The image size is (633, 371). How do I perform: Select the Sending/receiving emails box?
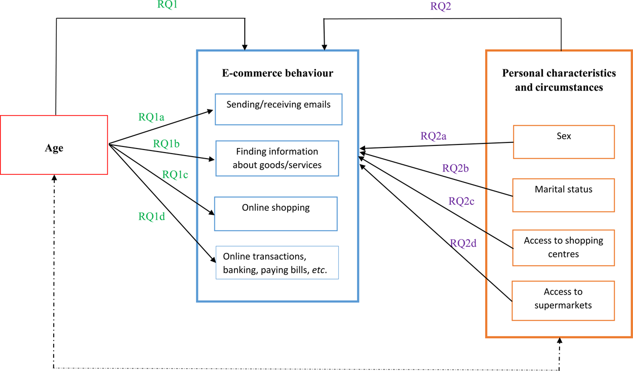click(279, 109)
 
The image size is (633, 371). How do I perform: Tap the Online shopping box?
click(275, 213)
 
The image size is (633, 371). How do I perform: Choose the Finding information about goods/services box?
click(277, 159)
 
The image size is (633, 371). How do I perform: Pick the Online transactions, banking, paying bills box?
click(277, 263)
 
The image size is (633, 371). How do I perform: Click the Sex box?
click(564, 142)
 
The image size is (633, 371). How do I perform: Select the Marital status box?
click(563, 195)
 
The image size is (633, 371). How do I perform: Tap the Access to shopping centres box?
click(563, 247)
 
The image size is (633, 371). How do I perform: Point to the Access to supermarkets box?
click(563, 301)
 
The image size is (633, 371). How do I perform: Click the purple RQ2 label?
click(441, 7)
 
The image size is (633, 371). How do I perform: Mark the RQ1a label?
click(151, 117)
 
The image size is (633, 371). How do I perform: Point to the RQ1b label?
click(167, 144)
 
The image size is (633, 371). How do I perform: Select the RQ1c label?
click(175, 174)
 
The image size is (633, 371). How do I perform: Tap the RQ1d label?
click(152, 216)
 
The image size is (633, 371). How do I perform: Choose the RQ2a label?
click(433, 136)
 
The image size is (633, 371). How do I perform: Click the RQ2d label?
click(463, 243)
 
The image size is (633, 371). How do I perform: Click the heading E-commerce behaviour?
click(278, 73)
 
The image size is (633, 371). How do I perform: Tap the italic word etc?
click(319, 270)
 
